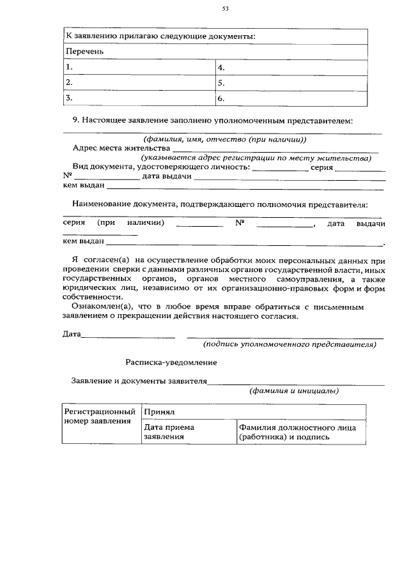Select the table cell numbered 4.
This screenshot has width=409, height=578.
click(x=291, y=66)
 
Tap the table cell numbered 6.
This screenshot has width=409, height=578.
click(x=291, y=98)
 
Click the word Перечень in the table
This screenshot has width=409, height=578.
click(x=84, y=51)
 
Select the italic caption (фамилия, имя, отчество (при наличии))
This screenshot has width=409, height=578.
click(x=224, y=139)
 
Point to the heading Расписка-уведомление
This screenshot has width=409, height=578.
click(x=171, y=362)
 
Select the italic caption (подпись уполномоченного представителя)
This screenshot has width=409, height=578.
click(x=289, y=344)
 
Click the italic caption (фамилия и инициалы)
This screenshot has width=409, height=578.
click(x=293, y=391)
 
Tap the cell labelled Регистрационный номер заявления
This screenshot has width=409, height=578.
click(x=100, y=416)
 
